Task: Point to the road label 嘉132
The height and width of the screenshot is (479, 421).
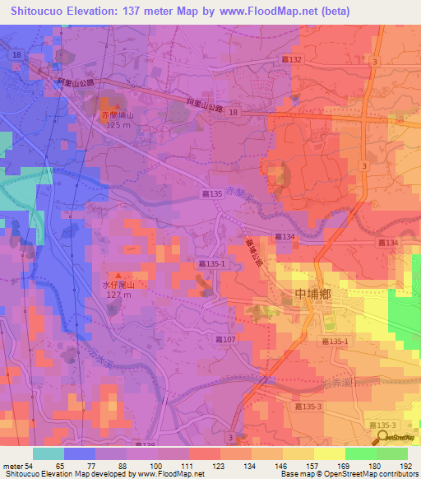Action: (291, 60)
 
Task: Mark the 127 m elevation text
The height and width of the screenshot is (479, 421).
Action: (117, 294)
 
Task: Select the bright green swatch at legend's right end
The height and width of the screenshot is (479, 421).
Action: (391, 453)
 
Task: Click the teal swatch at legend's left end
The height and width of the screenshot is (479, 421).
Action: (48, 453)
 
